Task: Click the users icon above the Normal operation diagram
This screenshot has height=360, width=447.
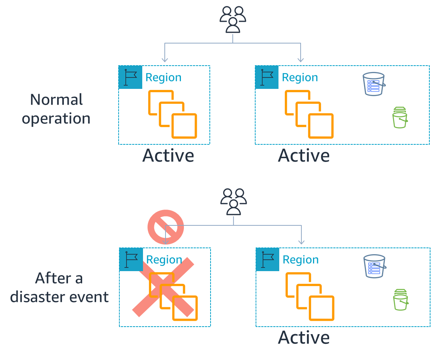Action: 233,19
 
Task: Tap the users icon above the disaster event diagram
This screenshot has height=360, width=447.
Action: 233,201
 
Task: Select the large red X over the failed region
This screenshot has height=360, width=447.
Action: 163,287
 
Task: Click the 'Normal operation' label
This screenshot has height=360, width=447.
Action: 56,109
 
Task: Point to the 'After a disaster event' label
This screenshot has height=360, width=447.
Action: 59,288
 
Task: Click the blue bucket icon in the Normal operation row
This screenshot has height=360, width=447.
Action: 374,84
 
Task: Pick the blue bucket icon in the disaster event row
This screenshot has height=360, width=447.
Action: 375,266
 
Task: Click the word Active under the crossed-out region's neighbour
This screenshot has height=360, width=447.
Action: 304,337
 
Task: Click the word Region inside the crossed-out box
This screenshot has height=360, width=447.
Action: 164,259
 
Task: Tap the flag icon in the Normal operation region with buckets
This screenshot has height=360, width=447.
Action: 267,77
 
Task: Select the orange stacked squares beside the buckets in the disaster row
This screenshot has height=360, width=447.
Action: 310,296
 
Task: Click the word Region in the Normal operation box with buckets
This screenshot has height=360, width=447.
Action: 300,77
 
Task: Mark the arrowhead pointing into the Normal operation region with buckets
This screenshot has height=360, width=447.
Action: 300,60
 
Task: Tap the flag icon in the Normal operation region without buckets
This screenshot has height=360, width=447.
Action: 130,77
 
